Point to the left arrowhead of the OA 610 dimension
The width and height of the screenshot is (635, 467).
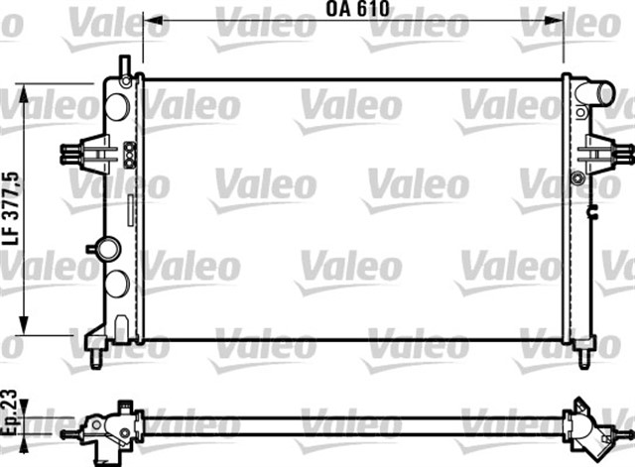coord(151,20)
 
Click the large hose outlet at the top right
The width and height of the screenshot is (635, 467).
coord(599,95)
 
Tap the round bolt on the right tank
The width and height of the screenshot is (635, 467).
coord(578,179)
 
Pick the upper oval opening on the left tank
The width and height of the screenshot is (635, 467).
coord(118,107)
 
